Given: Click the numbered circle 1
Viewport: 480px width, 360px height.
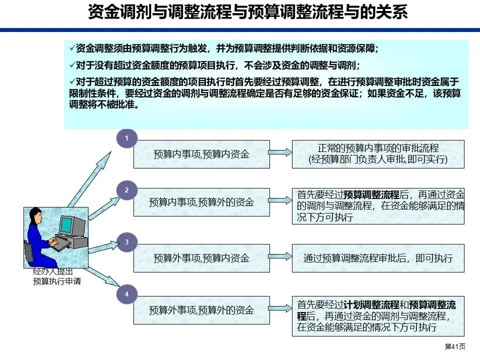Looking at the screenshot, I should (127, 138).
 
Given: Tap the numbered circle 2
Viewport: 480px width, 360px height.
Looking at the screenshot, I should (127, 190).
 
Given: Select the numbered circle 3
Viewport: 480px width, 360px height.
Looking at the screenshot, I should (127, 242).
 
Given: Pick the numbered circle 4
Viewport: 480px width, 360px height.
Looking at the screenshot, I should (127, 294).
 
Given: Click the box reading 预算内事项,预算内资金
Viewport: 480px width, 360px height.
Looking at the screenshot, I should (201, 154).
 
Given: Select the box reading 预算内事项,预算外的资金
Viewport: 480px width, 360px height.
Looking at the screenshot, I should (201, 202).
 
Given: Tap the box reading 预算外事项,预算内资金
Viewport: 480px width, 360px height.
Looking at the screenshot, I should (201, 258).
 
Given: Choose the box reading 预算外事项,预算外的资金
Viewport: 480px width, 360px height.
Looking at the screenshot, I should (201, 310).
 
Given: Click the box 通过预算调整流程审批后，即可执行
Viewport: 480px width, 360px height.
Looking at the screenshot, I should (378, 258).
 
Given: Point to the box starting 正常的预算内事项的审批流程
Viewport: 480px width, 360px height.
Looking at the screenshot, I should (378, 154).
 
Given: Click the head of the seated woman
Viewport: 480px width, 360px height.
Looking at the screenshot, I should (37, 216).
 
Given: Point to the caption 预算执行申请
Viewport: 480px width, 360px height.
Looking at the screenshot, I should (56, 281).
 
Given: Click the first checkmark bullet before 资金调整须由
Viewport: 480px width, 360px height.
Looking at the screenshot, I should (72, 48).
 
